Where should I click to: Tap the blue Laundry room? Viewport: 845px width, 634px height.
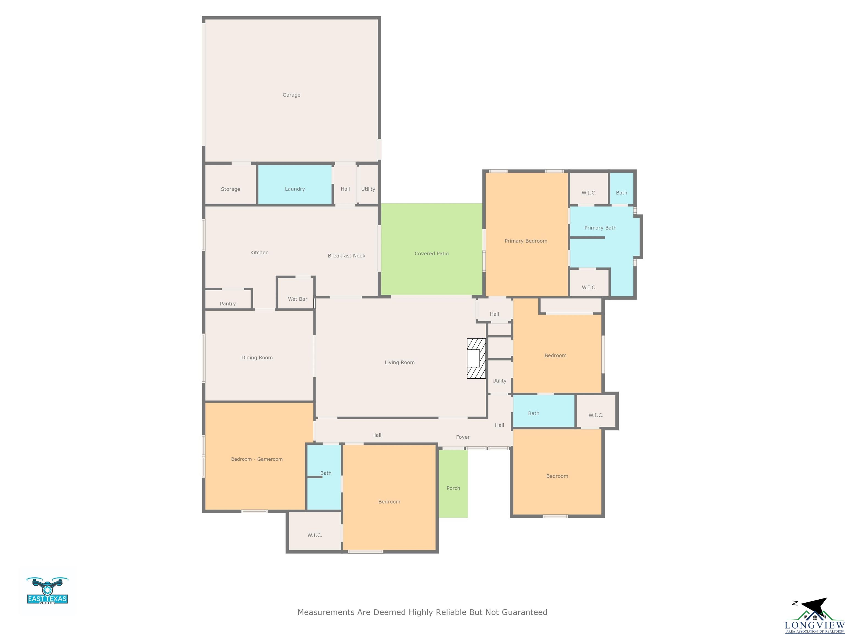click(x=295, y=185)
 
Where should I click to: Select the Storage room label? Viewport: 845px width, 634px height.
click(x=230, y=189)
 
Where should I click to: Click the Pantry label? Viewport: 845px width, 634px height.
click(x=228, y=304)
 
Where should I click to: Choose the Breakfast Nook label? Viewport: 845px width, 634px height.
click(x=347, y=256)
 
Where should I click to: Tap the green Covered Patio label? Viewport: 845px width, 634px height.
click(x=432, y=253)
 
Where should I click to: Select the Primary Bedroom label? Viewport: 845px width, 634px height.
click(x=526, y=241)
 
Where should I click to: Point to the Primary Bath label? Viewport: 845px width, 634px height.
click(x=600, y=228)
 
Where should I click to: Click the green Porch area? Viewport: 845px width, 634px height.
click(x=453, y=484)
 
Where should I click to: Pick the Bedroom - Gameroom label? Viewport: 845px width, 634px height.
click(x=257, y=459)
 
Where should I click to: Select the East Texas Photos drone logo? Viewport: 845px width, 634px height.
click(x=47, y=591)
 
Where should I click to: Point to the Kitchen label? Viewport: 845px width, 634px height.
click(x=259, y=253)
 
